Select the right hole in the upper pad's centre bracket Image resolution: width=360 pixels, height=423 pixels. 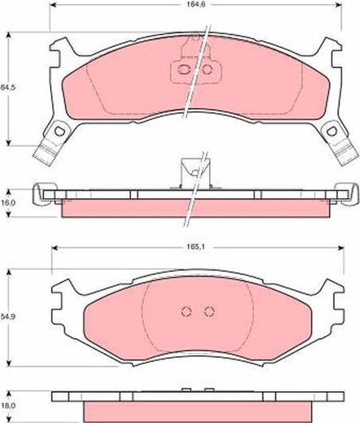point(207,70)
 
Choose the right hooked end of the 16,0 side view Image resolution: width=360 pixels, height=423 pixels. point(346,192)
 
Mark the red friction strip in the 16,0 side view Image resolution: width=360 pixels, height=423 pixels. point(195,208)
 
